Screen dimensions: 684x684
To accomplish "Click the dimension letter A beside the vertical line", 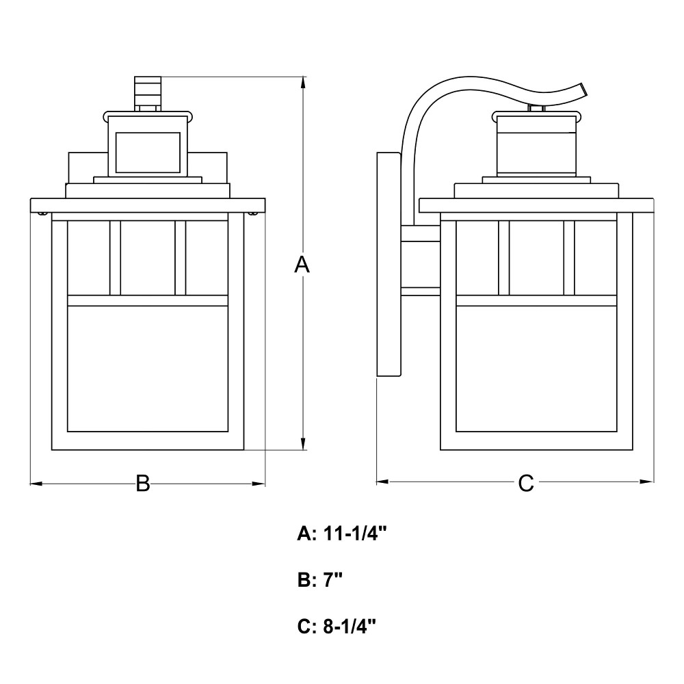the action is pyautogui.click(x=302, y=265).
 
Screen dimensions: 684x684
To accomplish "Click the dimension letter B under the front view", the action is pyautogui.click(x=143, y=484).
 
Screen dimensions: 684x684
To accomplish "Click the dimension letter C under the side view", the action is pyautogui.click(x=525, y=483).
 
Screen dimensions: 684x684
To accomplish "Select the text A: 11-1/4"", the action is pyautogui.click(x=342, y=533).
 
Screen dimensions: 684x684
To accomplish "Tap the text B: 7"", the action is pyautogui.click(x=319, y=580).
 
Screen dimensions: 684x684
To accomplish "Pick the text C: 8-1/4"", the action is pyautogui.click(x=337, y=627).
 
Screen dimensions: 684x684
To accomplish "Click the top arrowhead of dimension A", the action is pyautogui.click(x=303, y=83).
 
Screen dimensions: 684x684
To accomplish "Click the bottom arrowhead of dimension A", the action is pyautogui.click(x=303, y=444).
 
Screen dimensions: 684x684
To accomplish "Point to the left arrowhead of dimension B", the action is pyautogui.click(x=36, y=484).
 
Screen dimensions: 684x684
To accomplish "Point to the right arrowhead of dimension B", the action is pyautogui.click(x=259, y=484).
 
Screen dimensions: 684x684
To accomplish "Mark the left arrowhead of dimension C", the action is pyautogui.click(x=382, y=482).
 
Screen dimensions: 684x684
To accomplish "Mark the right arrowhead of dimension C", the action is pyautogui.click(x=647, y=482).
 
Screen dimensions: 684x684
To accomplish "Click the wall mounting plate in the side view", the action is pyautogui.click(x=389, y=264).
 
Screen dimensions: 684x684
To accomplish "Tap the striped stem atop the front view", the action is pyautogui.click(x=148, y=93).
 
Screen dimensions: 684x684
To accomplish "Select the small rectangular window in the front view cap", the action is pyautogui.click(x=148, y=153).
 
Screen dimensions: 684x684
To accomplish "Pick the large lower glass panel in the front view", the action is pyautogui.click(x=148, y=369).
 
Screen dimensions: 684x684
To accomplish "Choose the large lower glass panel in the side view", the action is pyautogui.click(x=536, y=369).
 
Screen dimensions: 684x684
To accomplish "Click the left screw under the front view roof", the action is pyautogui.click(x=42, y=213).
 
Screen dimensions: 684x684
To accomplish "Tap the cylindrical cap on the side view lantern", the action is pyautogui.click(x=536, y=144).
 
